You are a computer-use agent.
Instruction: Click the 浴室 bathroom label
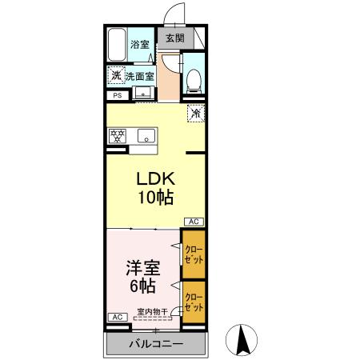tap(140, 44)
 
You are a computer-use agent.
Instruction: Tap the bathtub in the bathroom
tap(118, 46)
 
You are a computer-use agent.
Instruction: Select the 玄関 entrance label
tap(174, 38)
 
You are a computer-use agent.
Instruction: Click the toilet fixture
tap(193, 78)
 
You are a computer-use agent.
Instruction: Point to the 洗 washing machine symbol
tap(117, 77)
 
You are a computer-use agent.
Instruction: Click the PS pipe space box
tap(116, 97)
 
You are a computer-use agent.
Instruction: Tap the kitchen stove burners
tap(118, 135)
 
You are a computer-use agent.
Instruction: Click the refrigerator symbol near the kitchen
tap(194, 114)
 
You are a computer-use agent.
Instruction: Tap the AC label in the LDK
tap(194, 222)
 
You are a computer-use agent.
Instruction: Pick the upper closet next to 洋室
tap(194, 254)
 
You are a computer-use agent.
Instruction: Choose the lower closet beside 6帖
tap(194, 302)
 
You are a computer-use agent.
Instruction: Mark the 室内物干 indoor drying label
tap(151, 312)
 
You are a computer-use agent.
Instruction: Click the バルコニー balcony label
tap(156, 344)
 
